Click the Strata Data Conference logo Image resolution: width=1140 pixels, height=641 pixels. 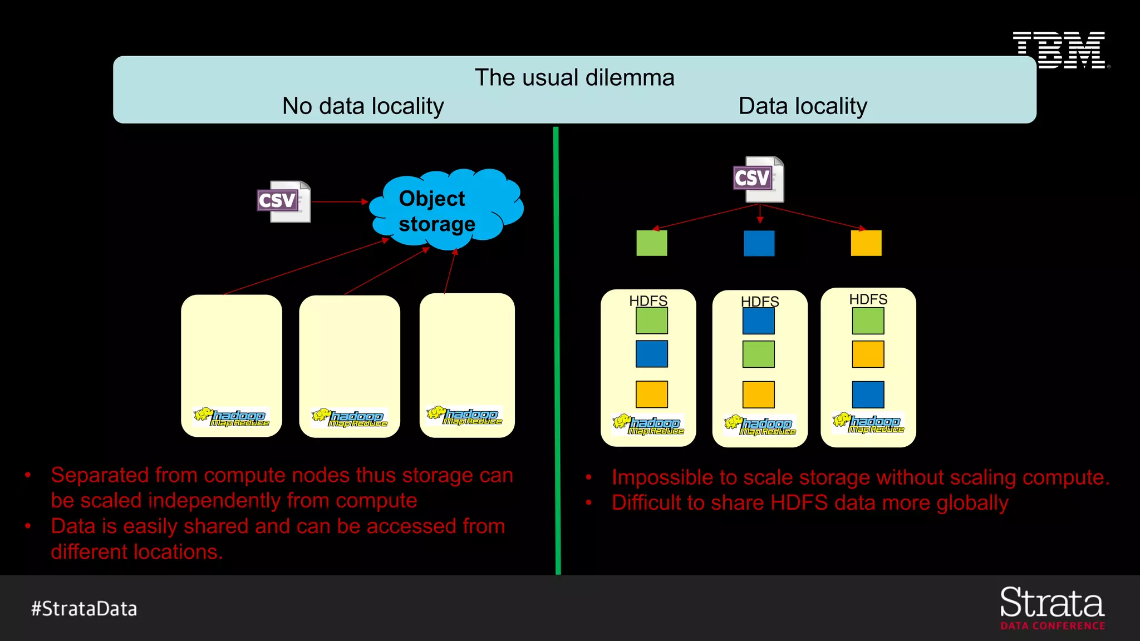coord(1052,608)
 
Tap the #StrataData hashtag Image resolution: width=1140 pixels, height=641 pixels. coord(84,609)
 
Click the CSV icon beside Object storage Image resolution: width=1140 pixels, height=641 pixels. coord(284,201)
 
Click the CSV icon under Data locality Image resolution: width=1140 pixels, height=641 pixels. coord(759,179)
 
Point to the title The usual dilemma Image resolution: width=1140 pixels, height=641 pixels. coord(574,78)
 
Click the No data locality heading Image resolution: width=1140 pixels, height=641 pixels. coord(363,106)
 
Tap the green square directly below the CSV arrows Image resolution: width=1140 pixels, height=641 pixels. coord(651,243)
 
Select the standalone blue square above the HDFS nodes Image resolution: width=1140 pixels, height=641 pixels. coord(759,243)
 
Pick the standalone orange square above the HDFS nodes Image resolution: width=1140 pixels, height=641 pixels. coord(866,243)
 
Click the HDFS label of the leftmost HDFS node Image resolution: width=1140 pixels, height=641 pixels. coord(648,301)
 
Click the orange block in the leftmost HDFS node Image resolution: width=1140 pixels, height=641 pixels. coord(651,394)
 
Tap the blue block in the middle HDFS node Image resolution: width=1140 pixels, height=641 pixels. coord(758,320)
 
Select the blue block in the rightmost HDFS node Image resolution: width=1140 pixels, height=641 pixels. coord(868,395)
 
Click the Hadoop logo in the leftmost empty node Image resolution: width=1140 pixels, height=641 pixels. coord(232,418)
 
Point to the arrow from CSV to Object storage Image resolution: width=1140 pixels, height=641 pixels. coord(338,201)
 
